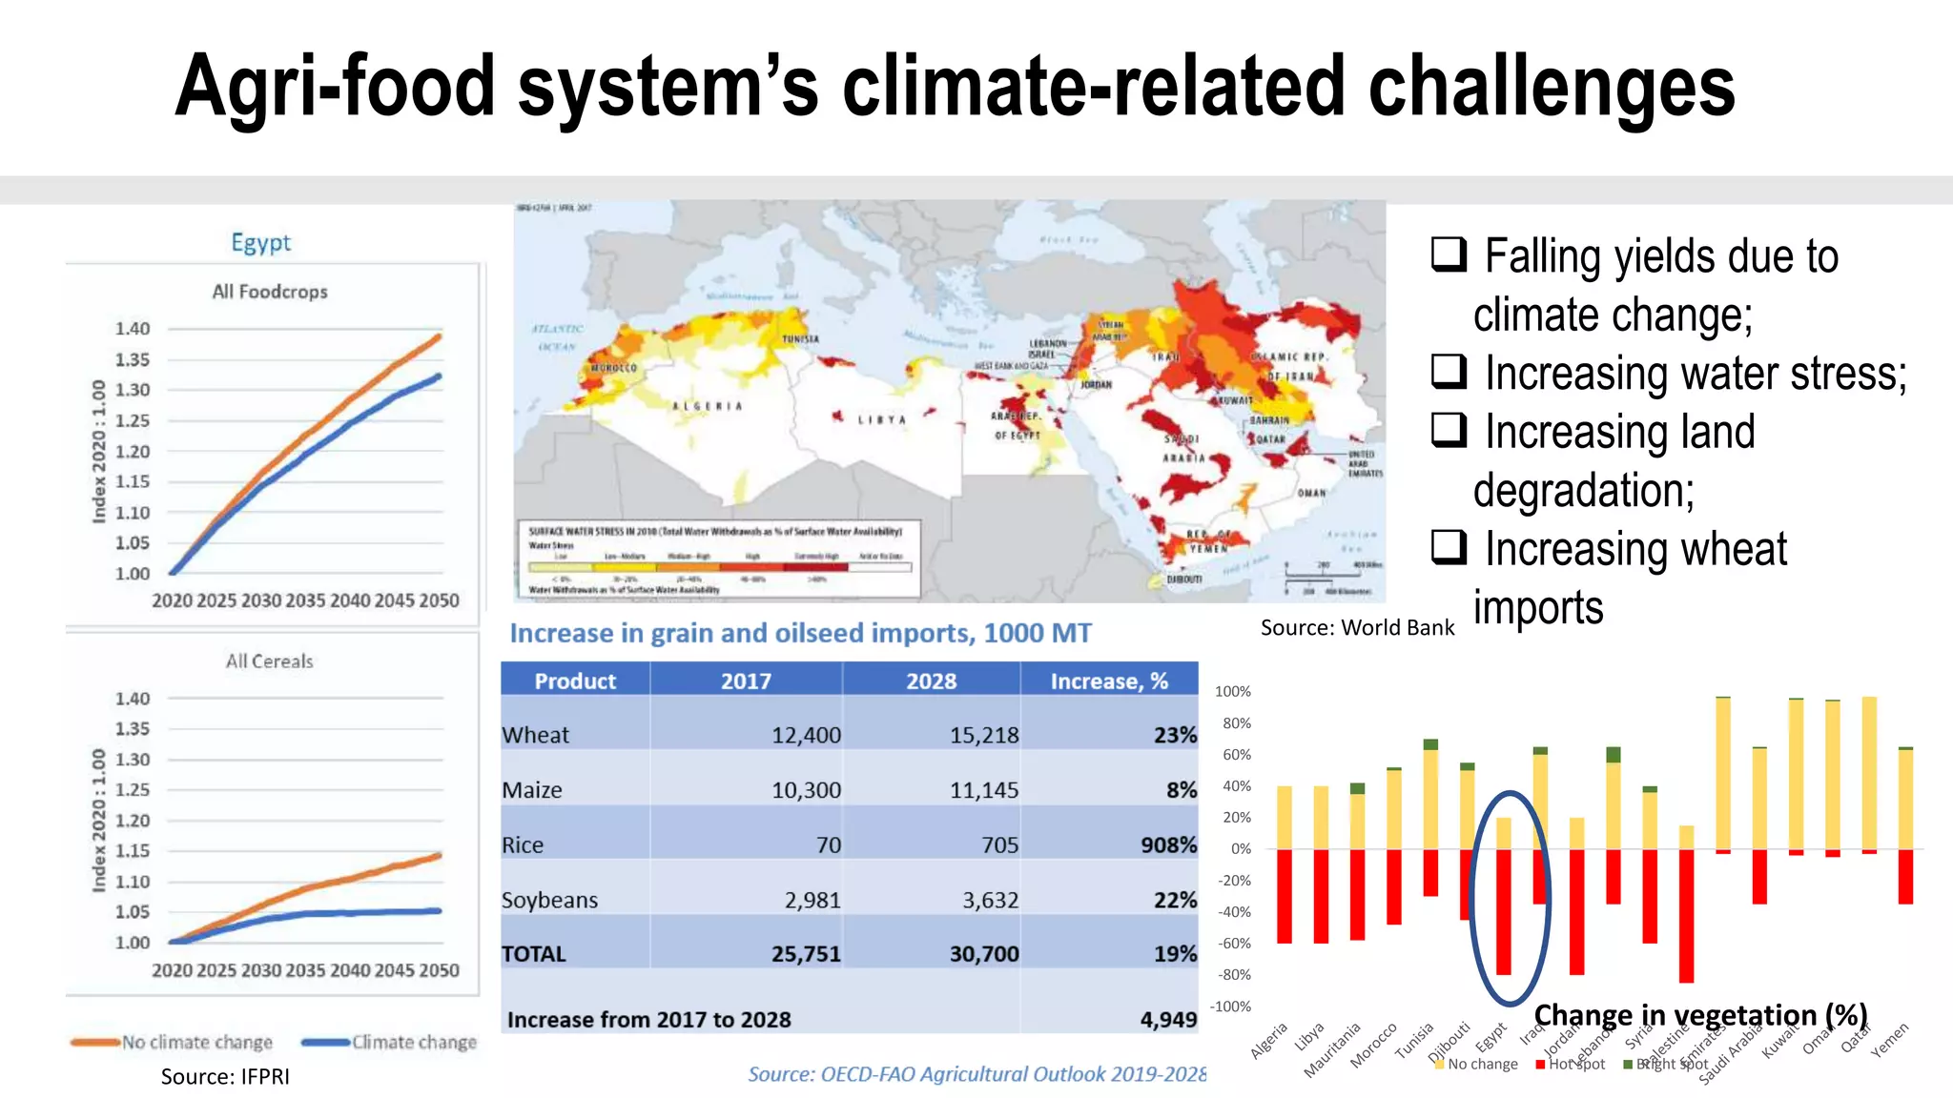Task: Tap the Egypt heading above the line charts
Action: pos(260,242)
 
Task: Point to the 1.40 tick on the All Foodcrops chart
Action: pos(133,329)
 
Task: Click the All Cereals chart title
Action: pos(269,661)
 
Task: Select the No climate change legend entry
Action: pos(196,1043)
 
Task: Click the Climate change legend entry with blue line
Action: pos(413,1043)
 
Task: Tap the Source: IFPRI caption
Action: pos(225,1077)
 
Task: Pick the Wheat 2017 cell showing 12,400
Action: pos(806,735)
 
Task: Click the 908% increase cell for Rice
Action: pos(1168,845)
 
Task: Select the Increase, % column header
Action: pos(1108,681)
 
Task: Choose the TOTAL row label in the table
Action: pos(534,954)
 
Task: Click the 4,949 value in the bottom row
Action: pos(1168,1020)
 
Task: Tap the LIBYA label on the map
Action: pos(881,420)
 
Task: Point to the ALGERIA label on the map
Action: pos(707,407)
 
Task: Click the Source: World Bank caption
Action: pos(1357,628)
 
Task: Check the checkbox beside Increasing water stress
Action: pos(1449,371)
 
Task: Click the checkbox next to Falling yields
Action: pos(1449,254)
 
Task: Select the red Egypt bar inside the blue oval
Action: pos(1503,910)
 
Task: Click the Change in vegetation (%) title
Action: pos(1700,1015)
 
